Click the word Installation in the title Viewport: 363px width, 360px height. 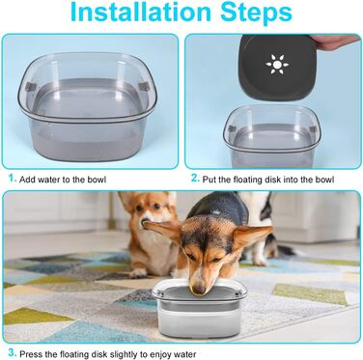pyautogui.click(x=141, y=12)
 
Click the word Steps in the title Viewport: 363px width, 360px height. pyautogui.click(x=256, y=14)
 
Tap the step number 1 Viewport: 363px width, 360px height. pyautogui.click(x=12, y=179)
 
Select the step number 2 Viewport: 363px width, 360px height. pyautogui.click(x=195, y=179)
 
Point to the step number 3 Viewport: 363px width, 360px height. pyautogui.click(x=13, y=352)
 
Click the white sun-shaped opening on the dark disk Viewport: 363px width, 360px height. pyautogui.click(x=277, y=65)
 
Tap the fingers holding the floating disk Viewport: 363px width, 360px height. pyautogui.click(x=335, y=41)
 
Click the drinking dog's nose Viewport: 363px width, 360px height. pyautogui.click(x=199, y=290)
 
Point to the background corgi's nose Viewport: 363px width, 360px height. pyautogui.click(x=143, y=222)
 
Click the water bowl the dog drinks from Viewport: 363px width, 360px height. pyautogui.click(x=200, y=310)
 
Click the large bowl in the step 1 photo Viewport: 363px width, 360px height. pyautogui.click(x=87, y=106)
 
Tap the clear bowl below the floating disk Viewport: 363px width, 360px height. pyautogui.click(x=272, y=136)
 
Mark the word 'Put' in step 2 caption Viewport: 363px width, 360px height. pyautogui.click(x=209, y=180)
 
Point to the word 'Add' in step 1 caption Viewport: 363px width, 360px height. pyautogui.click(x=27, y=180)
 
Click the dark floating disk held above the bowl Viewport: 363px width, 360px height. pyautogui.click(x=277, y=68)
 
